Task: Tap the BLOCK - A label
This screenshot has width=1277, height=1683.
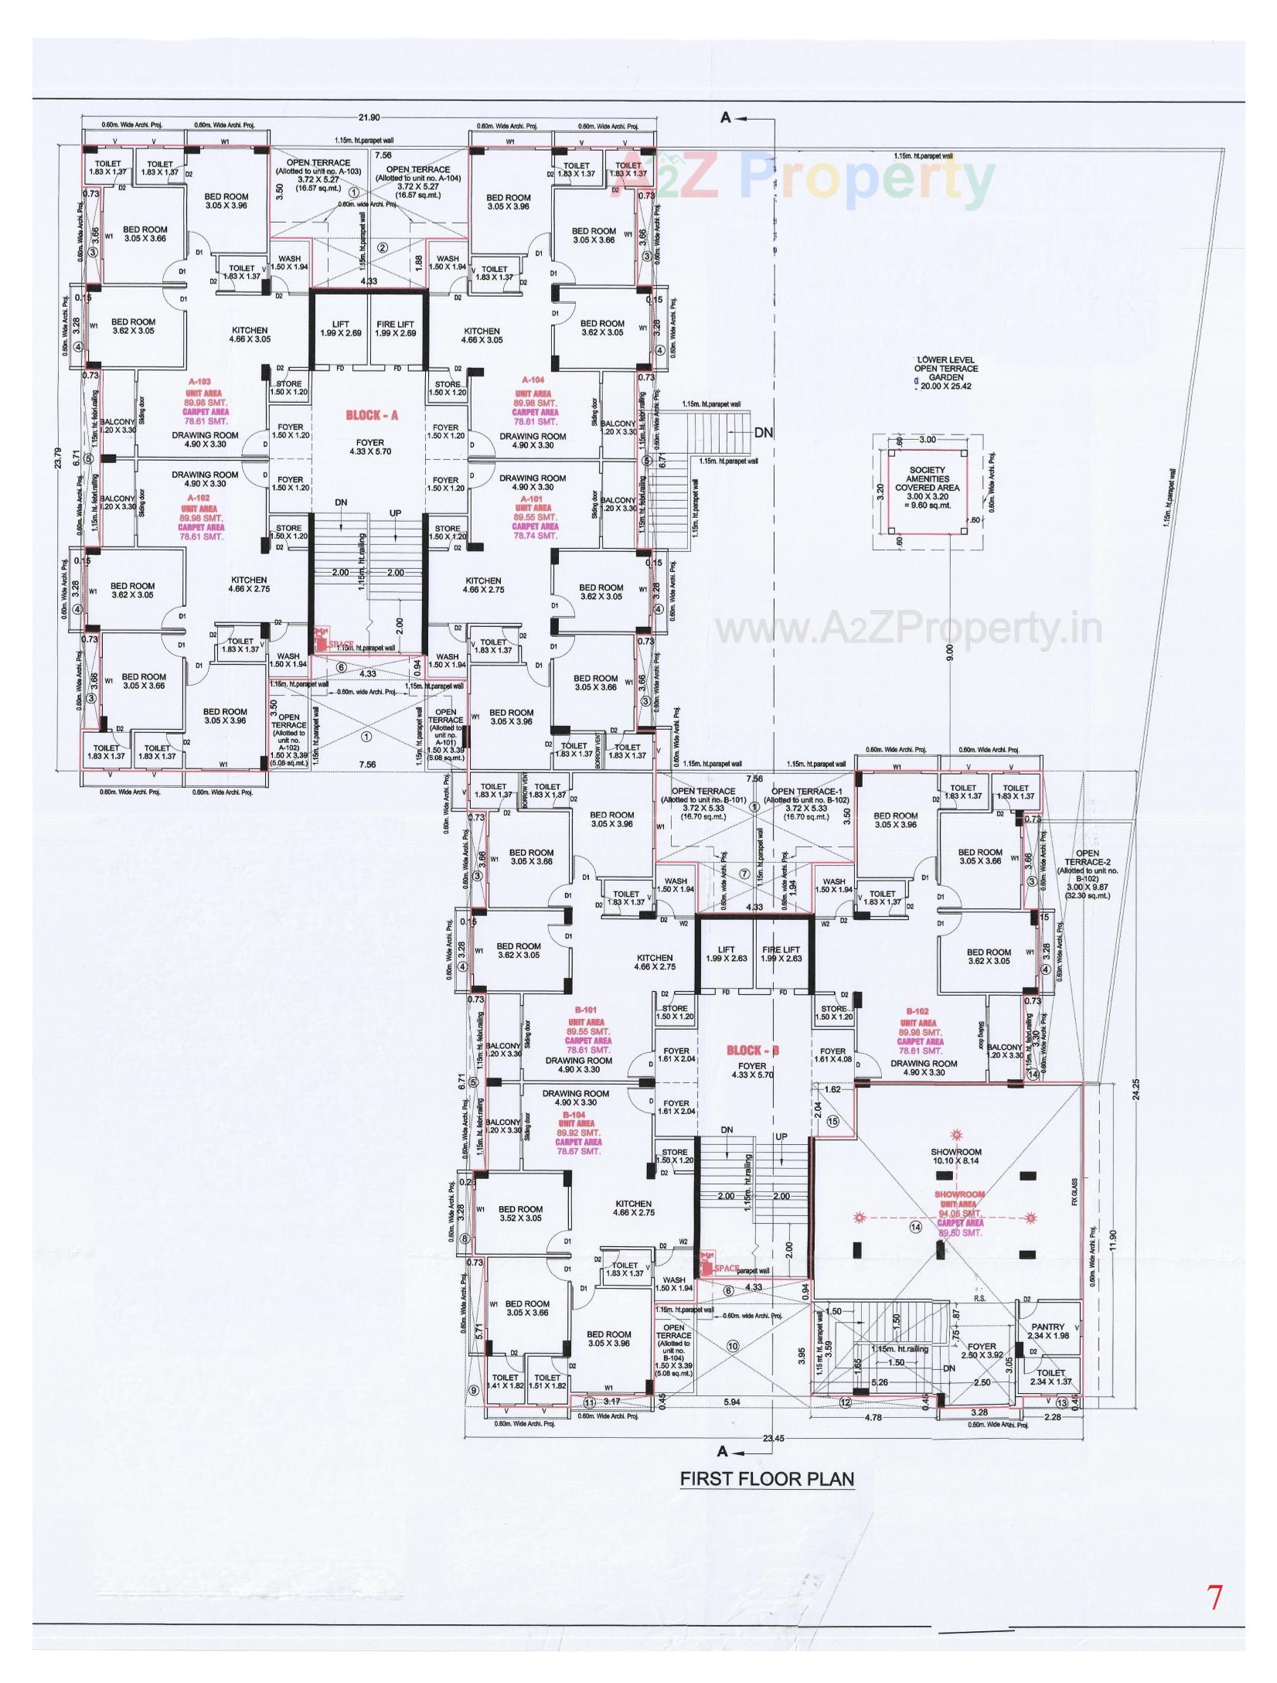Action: [x=371, y=415]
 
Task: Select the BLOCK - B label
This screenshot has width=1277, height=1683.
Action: [x=753, y=1051]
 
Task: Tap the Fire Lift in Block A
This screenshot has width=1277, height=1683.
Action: [x=396, y=329]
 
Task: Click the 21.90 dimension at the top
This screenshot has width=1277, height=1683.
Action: [x=369, y=118]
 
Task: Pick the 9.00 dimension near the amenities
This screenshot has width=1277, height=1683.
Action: [x=950, y=652]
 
